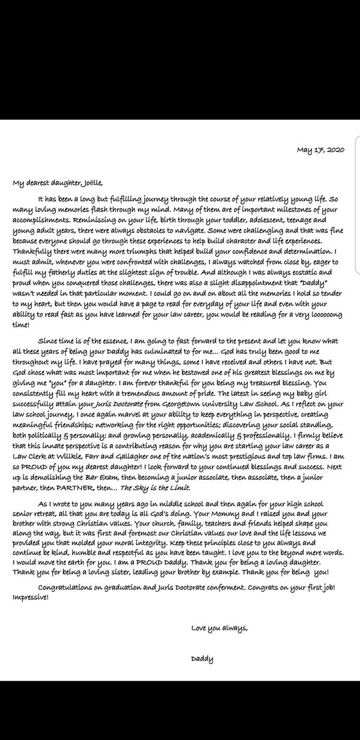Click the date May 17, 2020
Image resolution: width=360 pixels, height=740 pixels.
pos(324,149)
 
